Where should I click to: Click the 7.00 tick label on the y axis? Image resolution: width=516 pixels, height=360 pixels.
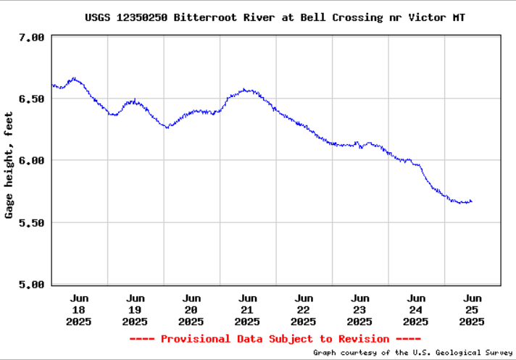[32, 36]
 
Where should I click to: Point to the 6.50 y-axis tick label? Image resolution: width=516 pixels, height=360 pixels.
[32, 99]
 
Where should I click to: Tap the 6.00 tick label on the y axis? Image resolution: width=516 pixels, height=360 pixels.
[32, 160]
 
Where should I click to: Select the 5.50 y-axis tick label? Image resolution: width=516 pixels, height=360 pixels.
[32, 222]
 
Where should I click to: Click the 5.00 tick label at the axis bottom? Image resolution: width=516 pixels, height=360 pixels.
[32, 284]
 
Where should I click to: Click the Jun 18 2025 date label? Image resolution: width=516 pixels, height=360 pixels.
[79, 309]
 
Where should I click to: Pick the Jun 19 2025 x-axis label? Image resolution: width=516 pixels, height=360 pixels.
[135, 309]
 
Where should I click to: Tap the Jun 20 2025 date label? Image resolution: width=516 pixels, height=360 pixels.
[191, 309]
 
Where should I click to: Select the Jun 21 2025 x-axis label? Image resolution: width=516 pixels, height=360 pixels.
[248, 309]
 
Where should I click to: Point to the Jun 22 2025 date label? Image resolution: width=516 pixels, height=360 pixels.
[304, 309]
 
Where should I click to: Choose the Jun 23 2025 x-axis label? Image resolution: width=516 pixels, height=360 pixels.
[360, 309]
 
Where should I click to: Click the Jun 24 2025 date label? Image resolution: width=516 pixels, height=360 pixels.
[416, 309]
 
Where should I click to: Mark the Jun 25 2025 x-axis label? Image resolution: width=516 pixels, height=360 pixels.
[473, 309]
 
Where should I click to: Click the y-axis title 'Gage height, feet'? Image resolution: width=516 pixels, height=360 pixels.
[9, 165]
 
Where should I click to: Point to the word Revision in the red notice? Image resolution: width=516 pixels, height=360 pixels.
[365, 338]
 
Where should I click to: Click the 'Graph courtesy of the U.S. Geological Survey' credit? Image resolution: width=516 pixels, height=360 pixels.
[412, 353]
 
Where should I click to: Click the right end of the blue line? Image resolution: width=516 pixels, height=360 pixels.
[471, 201]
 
